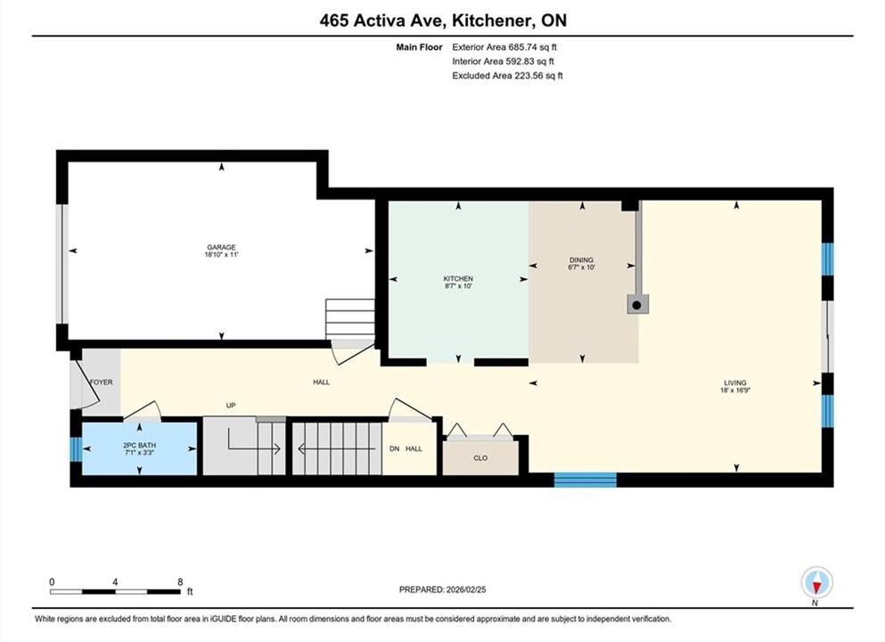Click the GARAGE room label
coord(221,247)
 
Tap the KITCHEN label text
coord(458,279)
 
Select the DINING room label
coord(581,260)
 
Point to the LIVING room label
coord(735,383)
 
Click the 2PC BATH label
coord(139,446)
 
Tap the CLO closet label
coord(480,458)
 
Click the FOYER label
coord(102,383)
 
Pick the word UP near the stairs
coord(231,406)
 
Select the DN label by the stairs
coord(395,449)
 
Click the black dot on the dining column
coord(636,306)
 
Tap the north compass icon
coord(816,582)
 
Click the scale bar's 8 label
coord(180,582)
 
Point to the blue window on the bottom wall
coord(586,480)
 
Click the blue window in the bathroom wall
coord(76,449)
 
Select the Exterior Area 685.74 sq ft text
coord(504,47)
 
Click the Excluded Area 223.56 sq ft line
coord(507,76)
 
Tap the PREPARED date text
coord(442,589)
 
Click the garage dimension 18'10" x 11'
coord(221,255)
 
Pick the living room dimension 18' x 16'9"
coord(735,391)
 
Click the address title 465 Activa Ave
coord(384,21)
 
